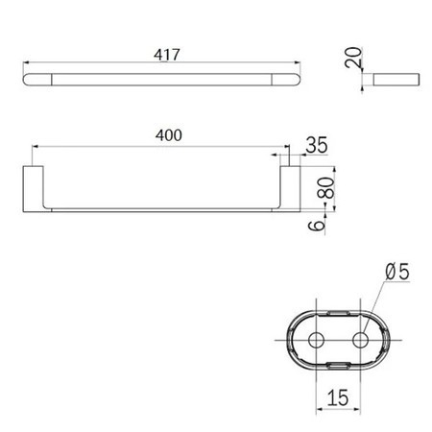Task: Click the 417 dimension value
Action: click(167, 55)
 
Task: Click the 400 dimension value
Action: click(169, 135)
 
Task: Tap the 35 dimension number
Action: click(317, 145)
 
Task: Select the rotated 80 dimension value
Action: click(325, 188)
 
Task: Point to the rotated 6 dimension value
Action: click(317, 226)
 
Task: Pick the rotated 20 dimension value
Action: click(353, 58)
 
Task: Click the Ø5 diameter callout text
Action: click(397, 272)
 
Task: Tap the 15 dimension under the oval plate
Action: click(338, 397)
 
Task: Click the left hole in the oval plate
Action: click(316, 340)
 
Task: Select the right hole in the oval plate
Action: click(360, 340)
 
